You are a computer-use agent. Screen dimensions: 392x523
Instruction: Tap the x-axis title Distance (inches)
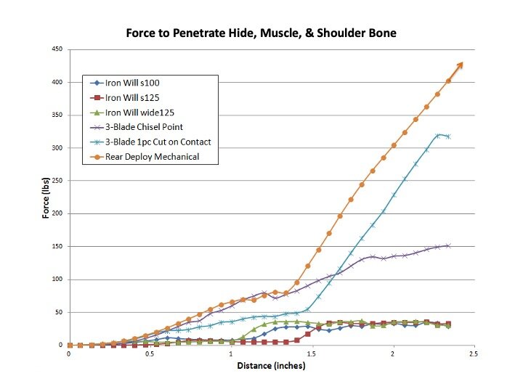(271, 367)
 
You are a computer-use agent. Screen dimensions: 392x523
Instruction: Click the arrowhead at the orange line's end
(460, 65)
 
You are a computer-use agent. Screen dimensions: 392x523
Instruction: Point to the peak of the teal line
(438, 135)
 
